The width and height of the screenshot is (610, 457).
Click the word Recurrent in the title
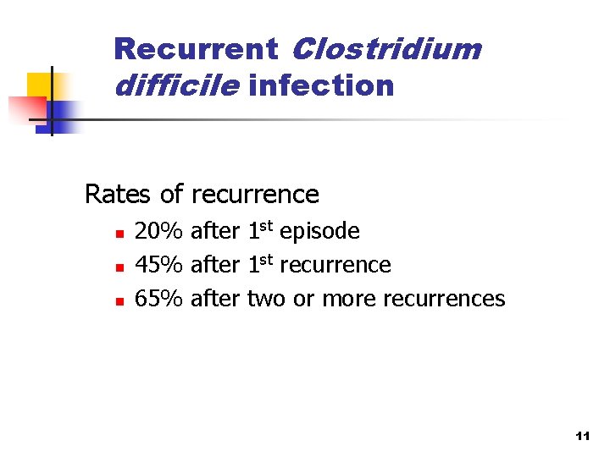[x=195, y=49]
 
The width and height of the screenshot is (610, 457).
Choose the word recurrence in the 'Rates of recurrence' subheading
[x=256, y=195]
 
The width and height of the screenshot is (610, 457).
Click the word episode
[x=319, y=231]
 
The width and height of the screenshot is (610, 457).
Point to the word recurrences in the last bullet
[x=444, y=299]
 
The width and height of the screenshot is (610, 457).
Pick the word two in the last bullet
[x=267, y=299]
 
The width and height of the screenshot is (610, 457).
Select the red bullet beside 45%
[x=120, y=267]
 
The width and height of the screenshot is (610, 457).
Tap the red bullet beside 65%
[x=120, y=300]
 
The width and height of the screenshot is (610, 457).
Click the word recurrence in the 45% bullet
[x=335, y=265]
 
